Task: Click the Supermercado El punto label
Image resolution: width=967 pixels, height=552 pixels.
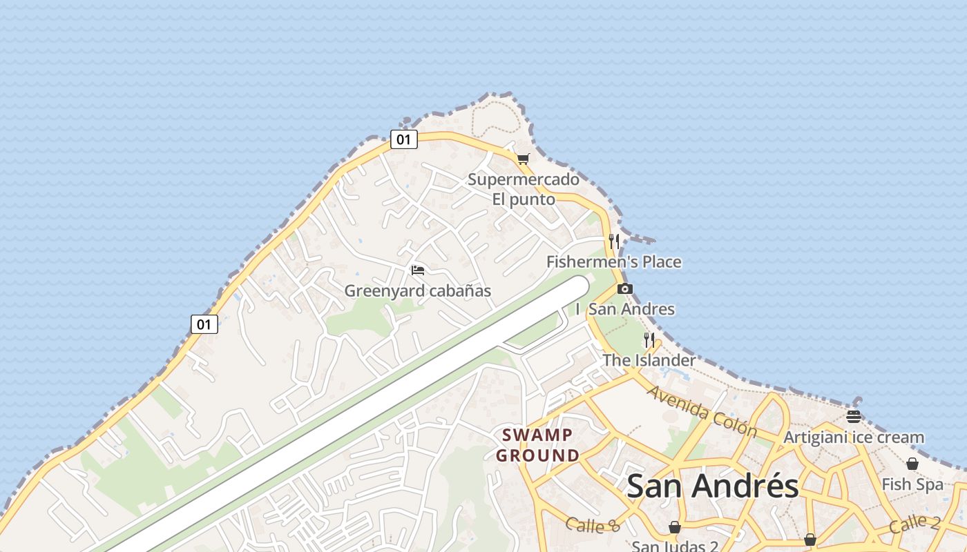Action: point(524,189)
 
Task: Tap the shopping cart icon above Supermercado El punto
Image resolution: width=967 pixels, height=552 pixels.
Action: point(523,159)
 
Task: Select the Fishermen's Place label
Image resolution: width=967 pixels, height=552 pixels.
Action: point(613,262)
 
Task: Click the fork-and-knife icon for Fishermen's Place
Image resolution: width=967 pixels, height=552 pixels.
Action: point(614,241)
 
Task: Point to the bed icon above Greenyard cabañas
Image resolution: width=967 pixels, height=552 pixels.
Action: point(417,270)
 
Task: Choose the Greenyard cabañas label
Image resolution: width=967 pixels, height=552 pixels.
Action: point(417,290)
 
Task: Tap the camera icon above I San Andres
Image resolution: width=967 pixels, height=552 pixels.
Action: point(624,288)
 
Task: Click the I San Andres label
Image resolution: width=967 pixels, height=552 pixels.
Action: point(624,308)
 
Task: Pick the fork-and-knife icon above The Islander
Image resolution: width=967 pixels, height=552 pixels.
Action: point(649,339)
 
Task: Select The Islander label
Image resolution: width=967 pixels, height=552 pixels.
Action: point(649,359)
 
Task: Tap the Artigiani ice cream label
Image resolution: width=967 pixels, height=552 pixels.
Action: point(853,437)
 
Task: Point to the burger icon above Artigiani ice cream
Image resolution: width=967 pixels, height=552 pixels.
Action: point(854,416)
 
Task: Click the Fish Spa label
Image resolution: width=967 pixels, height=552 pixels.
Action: point(912,484)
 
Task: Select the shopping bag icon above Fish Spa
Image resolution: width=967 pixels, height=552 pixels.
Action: point(912,464)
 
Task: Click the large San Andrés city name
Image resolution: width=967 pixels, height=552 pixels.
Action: point(712,486)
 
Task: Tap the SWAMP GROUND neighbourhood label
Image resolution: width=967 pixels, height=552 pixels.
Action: point(537,445)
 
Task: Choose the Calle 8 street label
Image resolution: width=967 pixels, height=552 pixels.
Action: point(593,525)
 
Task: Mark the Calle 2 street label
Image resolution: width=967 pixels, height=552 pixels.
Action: point(914,523)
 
